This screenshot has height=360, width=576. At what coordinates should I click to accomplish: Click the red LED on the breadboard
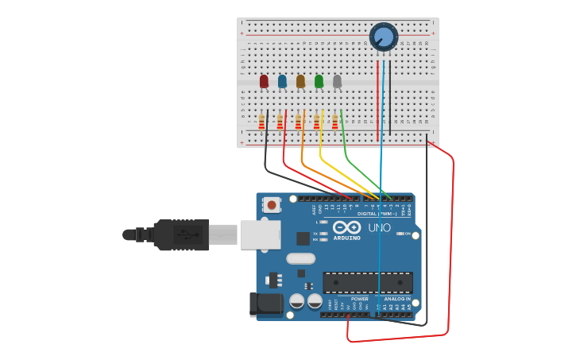(264, 81)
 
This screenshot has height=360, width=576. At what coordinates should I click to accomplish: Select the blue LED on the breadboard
(282, 81)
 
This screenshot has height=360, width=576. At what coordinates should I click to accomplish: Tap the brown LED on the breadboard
(300, 81)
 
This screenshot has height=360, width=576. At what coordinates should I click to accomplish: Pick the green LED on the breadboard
(319, 81)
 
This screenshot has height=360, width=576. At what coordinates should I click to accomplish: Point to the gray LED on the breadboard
(337, 81)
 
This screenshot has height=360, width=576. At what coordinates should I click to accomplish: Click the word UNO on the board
(379, 228)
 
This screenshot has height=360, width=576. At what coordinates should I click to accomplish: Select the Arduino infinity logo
(347, 228)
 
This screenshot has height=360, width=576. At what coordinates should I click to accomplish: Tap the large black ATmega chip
(367, 282)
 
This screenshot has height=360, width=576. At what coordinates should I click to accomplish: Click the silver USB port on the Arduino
(260, 234)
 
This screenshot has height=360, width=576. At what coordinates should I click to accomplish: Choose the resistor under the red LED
(261, 122)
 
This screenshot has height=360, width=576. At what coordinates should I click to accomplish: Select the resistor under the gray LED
(334, 122)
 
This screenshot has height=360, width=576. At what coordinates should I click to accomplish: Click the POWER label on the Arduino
(360, 299)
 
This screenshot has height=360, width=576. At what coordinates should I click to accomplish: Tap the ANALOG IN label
(397, 299)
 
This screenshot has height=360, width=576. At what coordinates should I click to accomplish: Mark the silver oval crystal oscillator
(300, 258)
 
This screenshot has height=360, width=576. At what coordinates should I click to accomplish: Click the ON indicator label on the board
(407, 234)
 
